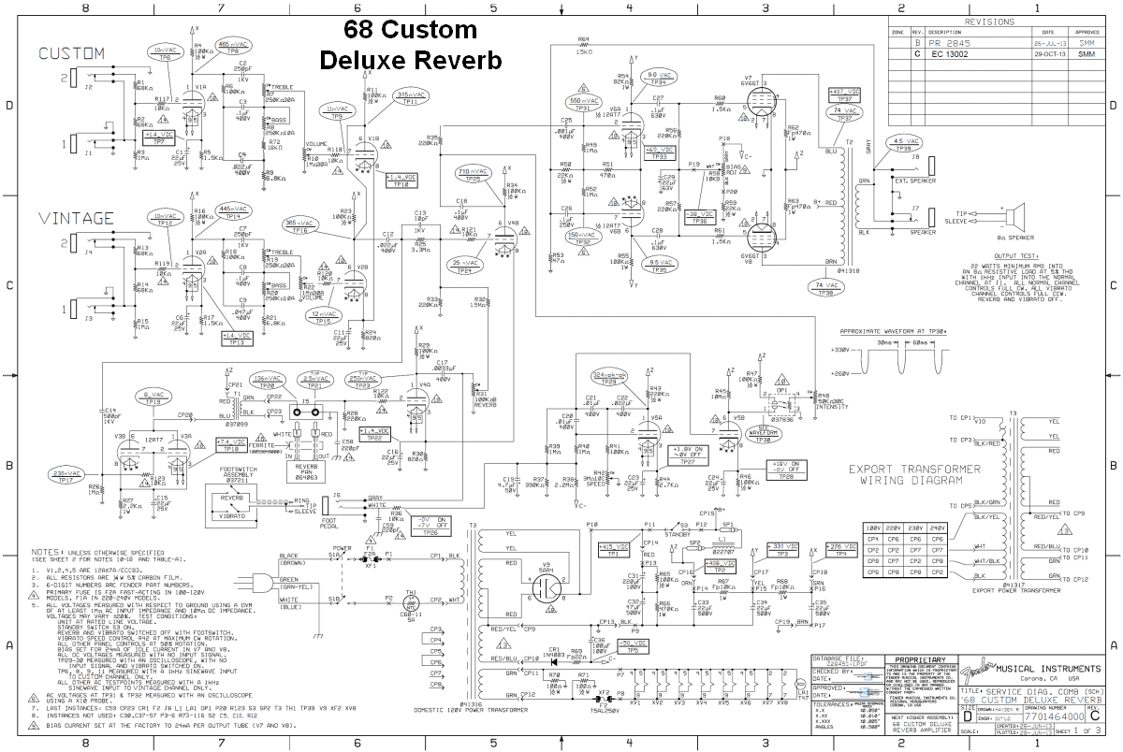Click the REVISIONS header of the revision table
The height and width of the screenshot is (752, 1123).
point(995,21)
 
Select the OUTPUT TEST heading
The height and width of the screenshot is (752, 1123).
point(1017,255)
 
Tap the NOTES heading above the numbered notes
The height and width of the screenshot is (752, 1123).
point(46,552)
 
